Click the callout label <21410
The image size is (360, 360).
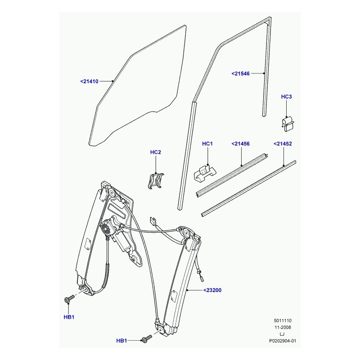pos(89,81)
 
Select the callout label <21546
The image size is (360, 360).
pos(240,74)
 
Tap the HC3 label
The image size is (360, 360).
pos(286,97)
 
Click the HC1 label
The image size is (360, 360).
pos(207,144)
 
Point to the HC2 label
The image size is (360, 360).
pos(155,152)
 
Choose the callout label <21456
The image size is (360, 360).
pos(240,144)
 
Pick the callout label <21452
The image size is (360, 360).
pos(283,144)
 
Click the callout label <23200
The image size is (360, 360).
pos(212,290)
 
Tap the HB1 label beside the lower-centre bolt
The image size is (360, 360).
pos(121,341)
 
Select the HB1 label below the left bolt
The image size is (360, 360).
pos(69,317)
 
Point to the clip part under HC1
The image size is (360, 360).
pos(205,173)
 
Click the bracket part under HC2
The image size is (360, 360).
pos(156,181)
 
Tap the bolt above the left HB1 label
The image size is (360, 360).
pos(69,299)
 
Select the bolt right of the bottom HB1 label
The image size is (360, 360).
pos(147,338)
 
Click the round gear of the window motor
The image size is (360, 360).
pos(106,228)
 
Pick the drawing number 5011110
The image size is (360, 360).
pos(283,320)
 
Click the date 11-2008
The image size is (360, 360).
pos(283,328)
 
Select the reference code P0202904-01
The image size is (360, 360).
pos(283,341)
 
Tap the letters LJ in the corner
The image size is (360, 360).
pos(283,334)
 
